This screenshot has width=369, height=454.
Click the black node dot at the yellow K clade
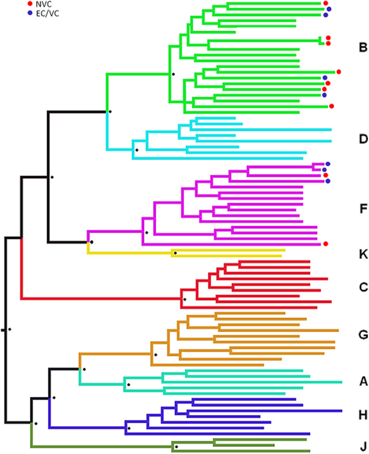pyautogui.click(x=175, y=253)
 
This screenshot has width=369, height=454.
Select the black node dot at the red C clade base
pyautogui.click(x=184, y=299)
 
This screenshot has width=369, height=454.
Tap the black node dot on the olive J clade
pyautogui.click(x=176, y=447)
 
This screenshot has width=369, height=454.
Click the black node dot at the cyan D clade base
pyautogui.click(x=136, y=150)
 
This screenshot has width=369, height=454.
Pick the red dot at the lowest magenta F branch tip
pyautogui.click(x=325, y=243)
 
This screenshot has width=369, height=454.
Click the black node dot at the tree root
pyautogui.click(x=9, y=329)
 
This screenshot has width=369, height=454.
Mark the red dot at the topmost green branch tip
pyautogui.click(x=325, y=3)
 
